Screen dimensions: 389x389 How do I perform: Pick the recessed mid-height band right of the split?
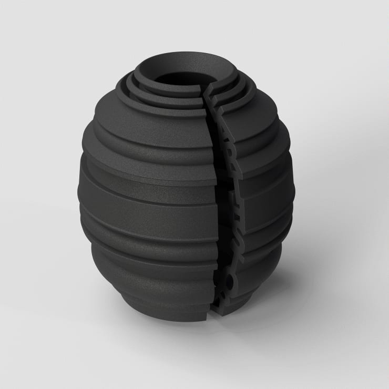(258, 210)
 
